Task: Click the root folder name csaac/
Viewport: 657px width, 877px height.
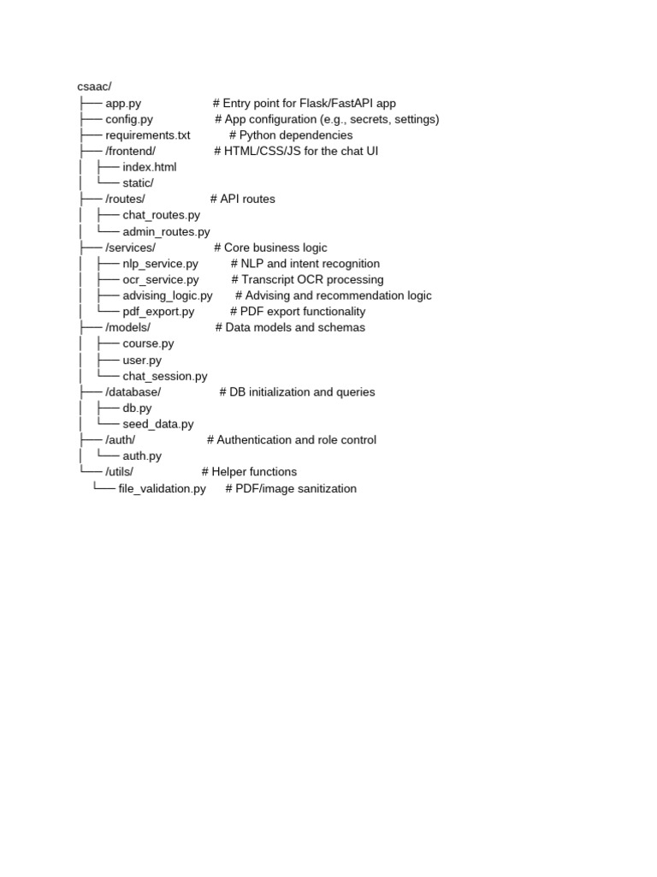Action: click(95, 87)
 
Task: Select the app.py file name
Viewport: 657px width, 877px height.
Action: click(123, 103)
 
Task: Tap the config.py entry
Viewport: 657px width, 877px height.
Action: click(129, 119)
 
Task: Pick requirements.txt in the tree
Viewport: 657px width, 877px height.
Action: click(148, 135)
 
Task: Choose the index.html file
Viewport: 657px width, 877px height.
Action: click(150, 167)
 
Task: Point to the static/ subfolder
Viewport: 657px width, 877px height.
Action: click(138, 183)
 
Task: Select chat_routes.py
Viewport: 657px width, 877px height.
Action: click(162, 215)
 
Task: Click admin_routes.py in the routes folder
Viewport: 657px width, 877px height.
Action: click(166, 231)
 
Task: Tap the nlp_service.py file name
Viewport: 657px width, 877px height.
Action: click(161, 264)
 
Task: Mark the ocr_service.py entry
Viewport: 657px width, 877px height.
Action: click(161, 279)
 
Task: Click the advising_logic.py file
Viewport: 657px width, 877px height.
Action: click(168, 295)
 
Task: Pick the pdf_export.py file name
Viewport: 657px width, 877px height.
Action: click(158, 312)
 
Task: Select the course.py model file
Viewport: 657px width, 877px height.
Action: click(148, 343)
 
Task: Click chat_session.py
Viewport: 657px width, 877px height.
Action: click(165, 376)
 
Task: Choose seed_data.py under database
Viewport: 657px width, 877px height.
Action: click(158, 424)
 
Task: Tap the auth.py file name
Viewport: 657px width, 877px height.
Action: click(142, 456)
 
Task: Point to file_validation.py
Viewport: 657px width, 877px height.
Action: click(163, 488)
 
